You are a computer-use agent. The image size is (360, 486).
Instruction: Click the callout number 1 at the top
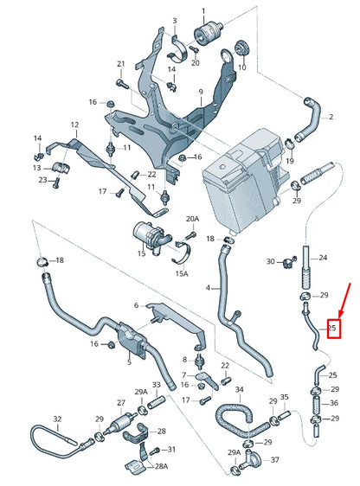point(205,11)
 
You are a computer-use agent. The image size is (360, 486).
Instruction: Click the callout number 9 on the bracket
point(200,92)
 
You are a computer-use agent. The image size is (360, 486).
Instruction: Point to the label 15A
point(183,273)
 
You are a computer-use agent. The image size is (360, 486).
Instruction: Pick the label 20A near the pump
point(193,219)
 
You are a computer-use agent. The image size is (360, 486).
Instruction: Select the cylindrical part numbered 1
point(208,35)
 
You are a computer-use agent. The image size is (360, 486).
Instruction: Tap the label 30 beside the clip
point(271,261)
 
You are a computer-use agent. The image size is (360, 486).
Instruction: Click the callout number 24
point(322,257)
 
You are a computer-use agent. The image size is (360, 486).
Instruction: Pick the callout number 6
point(136,305)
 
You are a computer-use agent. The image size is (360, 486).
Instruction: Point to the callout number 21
point(121,63)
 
